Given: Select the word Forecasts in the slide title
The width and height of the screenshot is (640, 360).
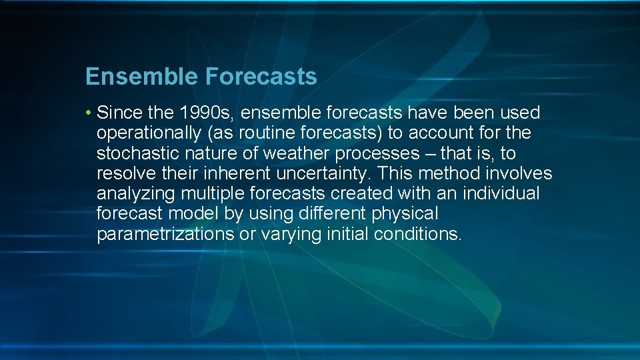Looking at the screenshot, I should pyautogui.click(x=261, y=77).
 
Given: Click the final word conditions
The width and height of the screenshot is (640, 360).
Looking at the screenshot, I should pyautogui.click(x=417, y=235).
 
